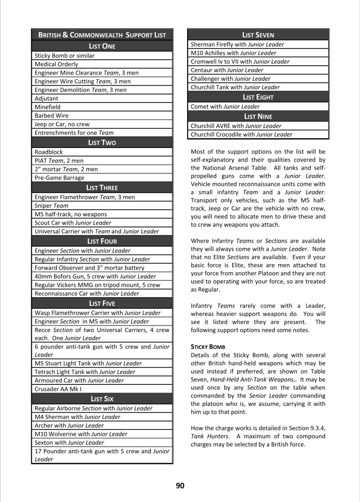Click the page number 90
coord(180,486)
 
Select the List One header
coord(102,46)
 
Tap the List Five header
coord(102,303)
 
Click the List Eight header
coord(258,97)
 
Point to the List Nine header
coord(258,116)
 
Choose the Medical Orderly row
coord(56,64)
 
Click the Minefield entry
coord(48,107)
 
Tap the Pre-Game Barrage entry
coord(59,177)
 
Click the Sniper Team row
coord(51,205)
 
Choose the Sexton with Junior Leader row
coord(70,442)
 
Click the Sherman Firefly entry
coord(237,45)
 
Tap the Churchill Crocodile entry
coord(241,134)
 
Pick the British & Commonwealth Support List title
coord(102,35)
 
